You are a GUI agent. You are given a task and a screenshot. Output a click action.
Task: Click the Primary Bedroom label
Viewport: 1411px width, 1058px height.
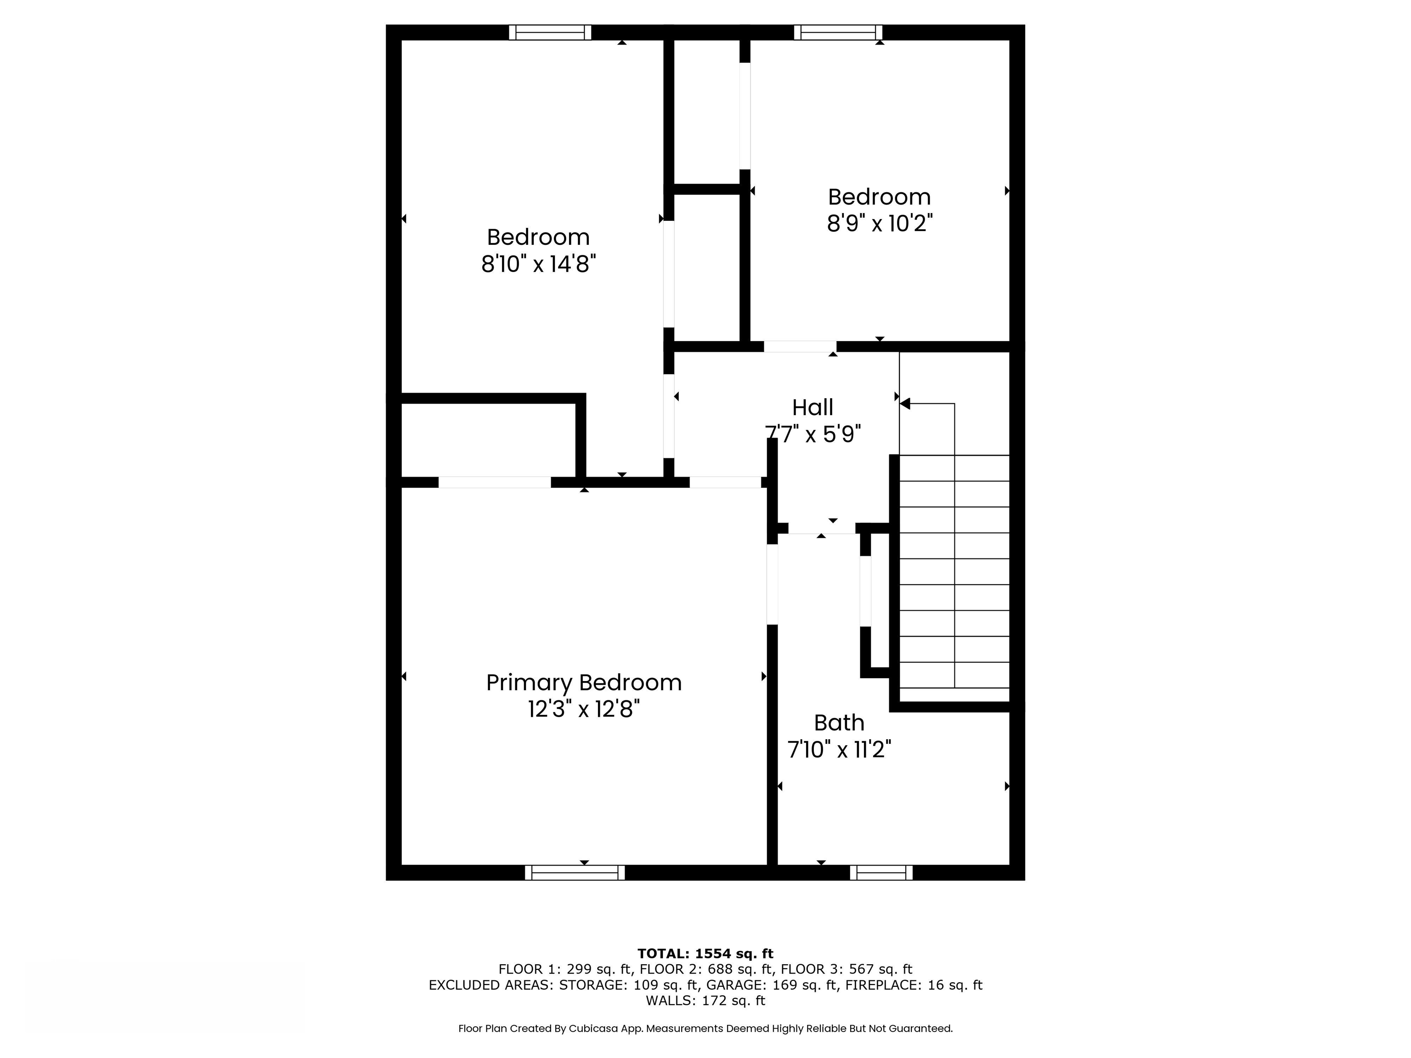[x=584, y=683]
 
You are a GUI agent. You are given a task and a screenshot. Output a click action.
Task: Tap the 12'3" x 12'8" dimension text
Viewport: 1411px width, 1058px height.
[x=584, y=709]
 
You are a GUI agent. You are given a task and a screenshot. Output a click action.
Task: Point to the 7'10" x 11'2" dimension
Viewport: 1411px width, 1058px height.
[x=839, y=749]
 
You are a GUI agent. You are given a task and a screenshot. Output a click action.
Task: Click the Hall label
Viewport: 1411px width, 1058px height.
[x=813, y=407]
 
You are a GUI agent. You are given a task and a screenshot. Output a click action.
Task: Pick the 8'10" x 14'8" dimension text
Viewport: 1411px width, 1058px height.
[x=538, y=264]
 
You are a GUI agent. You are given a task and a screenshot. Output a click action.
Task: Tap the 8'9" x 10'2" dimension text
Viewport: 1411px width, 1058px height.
[x=880, y=223]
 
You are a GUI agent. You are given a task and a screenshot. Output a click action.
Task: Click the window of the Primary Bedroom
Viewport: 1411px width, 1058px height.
[x=575, y=872]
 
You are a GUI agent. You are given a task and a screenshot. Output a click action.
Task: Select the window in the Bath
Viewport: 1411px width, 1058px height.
[x=881, y=872]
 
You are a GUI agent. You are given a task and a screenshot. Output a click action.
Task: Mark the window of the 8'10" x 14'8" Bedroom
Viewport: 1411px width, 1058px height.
[x=550, y=33]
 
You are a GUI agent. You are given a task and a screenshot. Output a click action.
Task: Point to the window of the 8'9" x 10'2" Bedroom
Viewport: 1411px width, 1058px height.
[x=838, y=33]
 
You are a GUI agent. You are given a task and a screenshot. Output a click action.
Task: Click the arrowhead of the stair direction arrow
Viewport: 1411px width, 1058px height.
[x=904, y=404]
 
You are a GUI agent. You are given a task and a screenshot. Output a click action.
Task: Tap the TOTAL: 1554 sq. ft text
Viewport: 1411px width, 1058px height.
[x=705, y=953]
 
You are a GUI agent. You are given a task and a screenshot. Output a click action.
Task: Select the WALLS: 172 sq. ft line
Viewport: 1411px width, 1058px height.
[x=705, y=1001]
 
